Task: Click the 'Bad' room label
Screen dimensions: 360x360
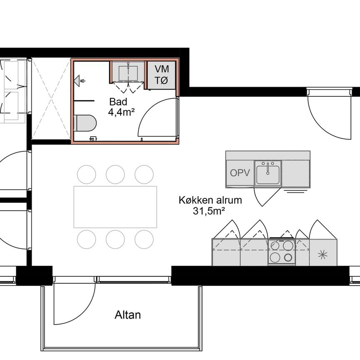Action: (x=118, y=102)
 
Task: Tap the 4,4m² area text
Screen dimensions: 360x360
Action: (x=121, y=112)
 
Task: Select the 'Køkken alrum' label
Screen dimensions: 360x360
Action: (x=210, y=200)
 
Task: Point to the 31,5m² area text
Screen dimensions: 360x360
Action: (x=207, y=211)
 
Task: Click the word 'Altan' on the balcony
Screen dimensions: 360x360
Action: (x=127, y=315)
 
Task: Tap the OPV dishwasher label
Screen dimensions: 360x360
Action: (x=240, y=173)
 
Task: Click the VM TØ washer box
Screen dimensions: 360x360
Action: (x=162, y=75)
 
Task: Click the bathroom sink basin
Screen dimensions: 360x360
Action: (x=128, y=73)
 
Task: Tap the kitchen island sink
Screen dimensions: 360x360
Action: (x=267, y=172)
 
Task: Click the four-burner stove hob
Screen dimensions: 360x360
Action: (x=281, y=251)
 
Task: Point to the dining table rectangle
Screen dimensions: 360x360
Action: (x=115, y=207)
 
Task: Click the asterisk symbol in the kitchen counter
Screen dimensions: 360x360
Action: (x=323, y=254)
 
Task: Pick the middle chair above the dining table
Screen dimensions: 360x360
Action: (x=115, y=174)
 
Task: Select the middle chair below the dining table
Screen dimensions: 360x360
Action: (x=115, y=239)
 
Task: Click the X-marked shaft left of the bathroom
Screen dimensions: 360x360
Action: (x=51, y=99)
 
